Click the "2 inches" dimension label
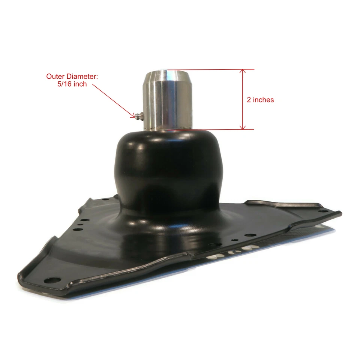[x=260, y=100]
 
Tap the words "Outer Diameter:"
[x=72, y=76]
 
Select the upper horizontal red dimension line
[x=210, y=69]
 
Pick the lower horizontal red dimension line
[x=210, y=129]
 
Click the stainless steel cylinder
[x=167, y=101]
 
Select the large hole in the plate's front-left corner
[x=52, y=280]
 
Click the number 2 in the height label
[x=249, y=100]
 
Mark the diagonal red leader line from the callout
[x=112, y=100]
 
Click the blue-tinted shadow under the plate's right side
[x=300, y=236]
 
